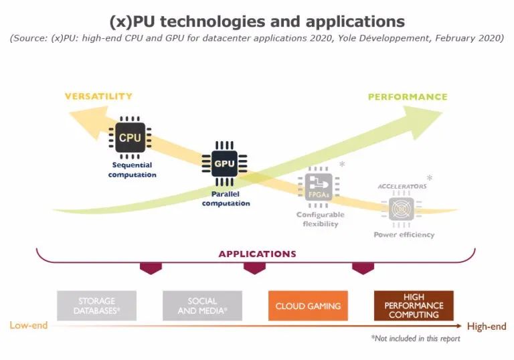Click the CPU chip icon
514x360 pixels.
131,139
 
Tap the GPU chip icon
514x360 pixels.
224,163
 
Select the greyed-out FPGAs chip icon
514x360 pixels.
319,187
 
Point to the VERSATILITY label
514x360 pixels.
98,96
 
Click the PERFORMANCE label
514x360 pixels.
408,97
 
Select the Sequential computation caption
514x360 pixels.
132,170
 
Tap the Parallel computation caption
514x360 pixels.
226,199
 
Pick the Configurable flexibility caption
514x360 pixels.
321,219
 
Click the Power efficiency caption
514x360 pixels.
404,235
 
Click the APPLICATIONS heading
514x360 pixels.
257,254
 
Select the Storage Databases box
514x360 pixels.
96,306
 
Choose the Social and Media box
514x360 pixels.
202,306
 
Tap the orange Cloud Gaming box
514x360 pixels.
308,306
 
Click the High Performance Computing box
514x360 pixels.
414,306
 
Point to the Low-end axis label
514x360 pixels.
29,326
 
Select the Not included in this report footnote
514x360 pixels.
415,339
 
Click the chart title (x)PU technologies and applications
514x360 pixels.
257,21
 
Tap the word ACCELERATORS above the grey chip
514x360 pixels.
402,186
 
